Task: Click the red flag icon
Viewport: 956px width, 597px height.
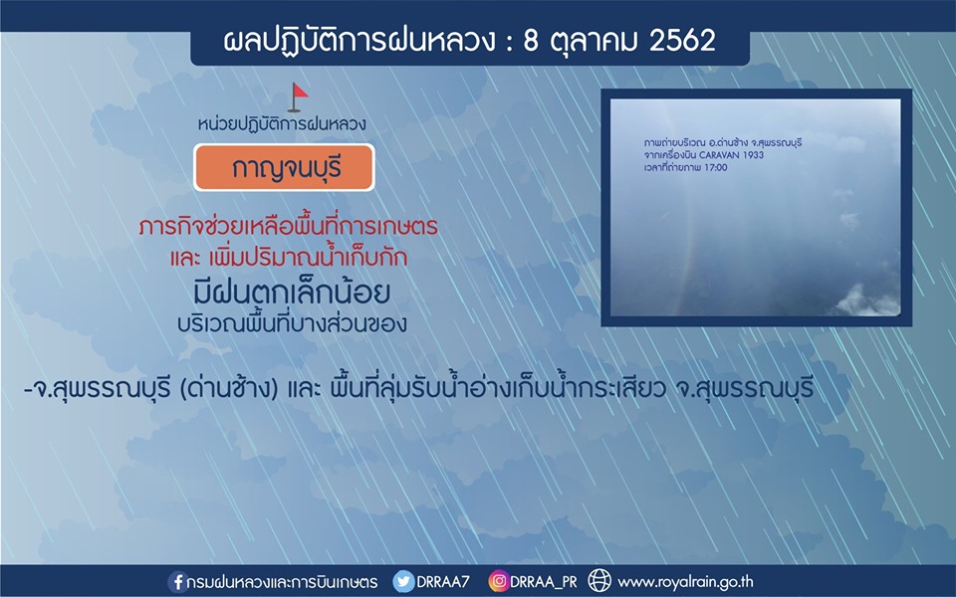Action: (x=298, y=98)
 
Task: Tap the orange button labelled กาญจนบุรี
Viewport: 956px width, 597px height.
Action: (x=284, y=167)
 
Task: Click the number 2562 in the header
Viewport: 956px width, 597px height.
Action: (x=682, y=41)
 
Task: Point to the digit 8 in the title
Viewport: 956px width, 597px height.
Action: (x=531, y=41)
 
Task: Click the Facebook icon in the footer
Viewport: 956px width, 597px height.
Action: (x=176, y=582)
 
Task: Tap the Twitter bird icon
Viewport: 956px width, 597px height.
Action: (x=403, y=581)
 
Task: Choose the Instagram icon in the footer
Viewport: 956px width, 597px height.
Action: (x=498, y=581)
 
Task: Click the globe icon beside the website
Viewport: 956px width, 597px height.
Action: (x=599, y=580)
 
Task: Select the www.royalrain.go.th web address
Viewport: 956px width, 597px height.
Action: (x=685, y=582)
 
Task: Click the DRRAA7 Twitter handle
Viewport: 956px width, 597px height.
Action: (x=443, y=582)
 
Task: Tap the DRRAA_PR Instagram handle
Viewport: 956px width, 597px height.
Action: (x=544, y=582)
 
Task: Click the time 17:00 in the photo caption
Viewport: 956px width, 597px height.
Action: (x=716, y=167)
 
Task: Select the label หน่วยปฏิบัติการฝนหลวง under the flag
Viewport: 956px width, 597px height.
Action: (x=282, y=124)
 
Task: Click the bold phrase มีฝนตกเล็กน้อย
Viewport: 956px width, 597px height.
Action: (x=292, y=293)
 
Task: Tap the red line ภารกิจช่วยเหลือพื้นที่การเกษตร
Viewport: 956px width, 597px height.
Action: (x=289, y=227)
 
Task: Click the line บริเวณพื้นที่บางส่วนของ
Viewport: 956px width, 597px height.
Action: (x=292, y=323)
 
